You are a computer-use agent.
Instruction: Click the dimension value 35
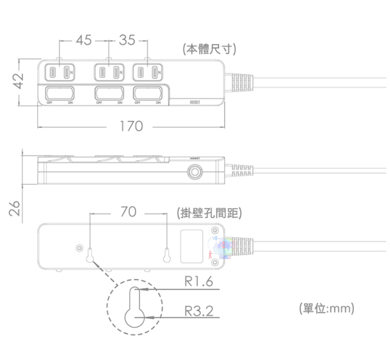(127, 41)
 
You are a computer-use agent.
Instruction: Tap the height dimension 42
(18, 81)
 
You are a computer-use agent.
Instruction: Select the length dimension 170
(131, 126)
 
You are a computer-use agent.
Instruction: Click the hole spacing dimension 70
(128, 212)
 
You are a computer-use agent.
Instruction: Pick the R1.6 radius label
(199, 282)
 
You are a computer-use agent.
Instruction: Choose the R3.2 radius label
(199, 310)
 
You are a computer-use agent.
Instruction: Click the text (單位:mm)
(326, 308)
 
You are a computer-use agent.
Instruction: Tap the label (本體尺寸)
(209, 49)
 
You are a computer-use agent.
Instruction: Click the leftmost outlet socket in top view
(60, 73)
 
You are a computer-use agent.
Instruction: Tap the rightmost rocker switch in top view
(147, 92)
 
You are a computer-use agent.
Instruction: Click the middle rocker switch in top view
(109, 92)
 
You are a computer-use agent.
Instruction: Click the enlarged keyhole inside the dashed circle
(135, 308)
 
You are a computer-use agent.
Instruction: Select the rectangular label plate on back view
(192, 246)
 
